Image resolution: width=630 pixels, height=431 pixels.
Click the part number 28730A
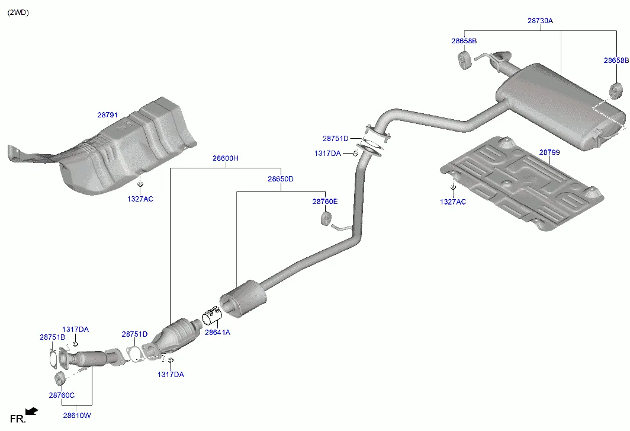pyautogui.click(x=540, y=21)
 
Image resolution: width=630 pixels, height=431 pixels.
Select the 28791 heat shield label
pyautogui.click(x=108, y=115)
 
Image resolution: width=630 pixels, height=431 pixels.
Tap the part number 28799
pyautogui.click(x=549, y=152)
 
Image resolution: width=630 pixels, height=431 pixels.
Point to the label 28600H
pyautogui.click(x=226, y=158)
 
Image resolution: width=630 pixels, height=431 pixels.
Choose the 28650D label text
pyautogui.click(x=280, y=179)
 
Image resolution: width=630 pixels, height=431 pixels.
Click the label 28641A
pyautogui.click(x=217, y=333)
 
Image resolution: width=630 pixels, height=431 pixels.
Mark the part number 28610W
pyautogui.click(x=77, y=416)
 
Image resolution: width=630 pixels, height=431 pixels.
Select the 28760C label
pyautogui.click(x=62, y=395)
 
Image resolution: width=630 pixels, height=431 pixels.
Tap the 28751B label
pyautogui.click(x=52, y=337)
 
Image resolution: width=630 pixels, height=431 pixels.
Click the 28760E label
pyautogui.click(x=325, y=202)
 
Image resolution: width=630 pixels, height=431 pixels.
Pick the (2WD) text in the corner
pyautogui.click(x=18, y=12)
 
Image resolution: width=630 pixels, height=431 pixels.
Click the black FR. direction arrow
pyautogui.click(x=32, y=411)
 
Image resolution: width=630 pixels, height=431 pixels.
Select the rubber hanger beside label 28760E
pyautogui.click(x=324, y=219)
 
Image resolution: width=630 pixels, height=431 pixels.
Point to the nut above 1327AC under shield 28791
pyautogui.click(x=140, y=185)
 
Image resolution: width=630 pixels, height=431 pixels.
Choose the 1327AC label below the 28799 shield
pyautogui.click(x=452, y=202)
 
